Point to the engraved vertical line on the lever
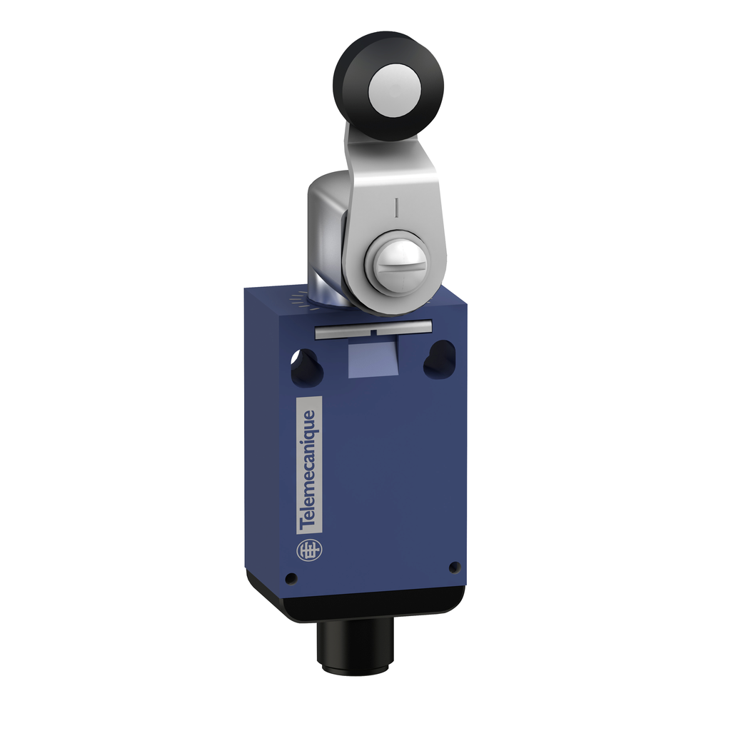click(x=394, y=207)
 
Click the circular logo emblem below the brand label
click(x=306, y=550)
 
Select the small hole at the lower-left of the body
click(x=291, y=578)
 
